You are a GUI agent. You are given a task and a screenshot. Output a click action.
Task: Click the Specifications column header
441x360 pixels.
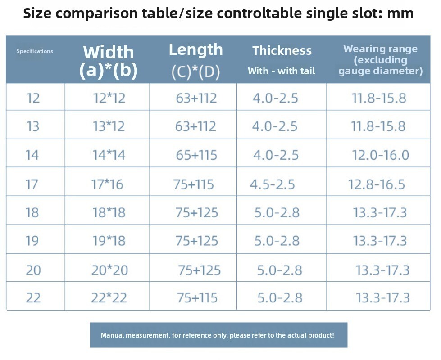pos(35,51)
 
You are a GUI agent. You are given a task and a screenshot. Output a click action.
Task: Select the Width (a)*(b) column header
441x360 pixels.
pos(109,61)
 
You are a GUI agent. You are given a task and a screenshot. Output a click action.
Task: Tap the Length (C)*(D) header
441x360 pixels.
pos(196,60)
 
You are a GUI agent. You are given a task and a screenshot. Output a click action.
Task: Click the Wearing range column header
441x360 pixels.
pos(381,60)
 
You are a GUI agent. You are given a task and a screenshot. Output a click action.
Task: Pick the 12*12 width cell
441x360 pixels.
pos(109,99)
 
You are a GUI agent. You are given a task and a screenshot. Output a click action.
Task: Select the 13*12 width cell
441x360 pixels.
pos(109,126)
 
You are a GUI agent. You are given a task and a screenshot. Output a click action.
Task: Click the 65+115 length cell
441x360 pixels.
pos(196,155)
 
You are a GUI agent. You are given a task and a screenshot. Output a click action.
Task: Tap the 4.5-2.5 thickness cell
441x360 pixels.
pos(273,184)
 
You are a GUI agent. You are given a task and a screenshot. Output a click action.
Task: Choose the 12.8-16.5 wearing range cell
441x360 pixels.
pos(377,184)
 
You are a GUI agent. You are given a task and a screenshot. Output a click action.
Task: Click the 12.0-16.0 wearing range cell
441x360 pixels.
pos(381,155)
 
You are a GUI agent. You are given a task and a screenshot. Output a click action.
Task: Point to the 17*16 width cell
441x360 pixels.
pos(107,184)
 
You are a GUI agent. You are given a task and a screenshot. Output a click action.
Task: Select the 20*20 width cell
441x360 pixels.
pos(110,270)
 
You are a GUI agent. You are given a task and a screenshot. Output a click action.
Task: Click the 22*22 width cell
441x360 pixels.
pos(109,298)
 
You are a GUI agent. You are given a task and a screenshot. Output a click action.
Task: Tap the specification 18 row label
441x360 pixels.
pos(32,212)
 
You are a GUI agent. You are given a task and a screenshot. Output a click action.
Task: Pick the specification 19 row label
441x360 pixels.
pos(32,241)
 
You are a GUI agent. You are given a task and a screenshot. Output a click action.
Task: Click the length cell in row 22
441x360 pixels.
pos(197,298)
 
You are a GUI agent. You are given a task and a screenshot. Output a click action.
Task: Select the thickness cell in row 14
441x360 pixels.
pos(276,155)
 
